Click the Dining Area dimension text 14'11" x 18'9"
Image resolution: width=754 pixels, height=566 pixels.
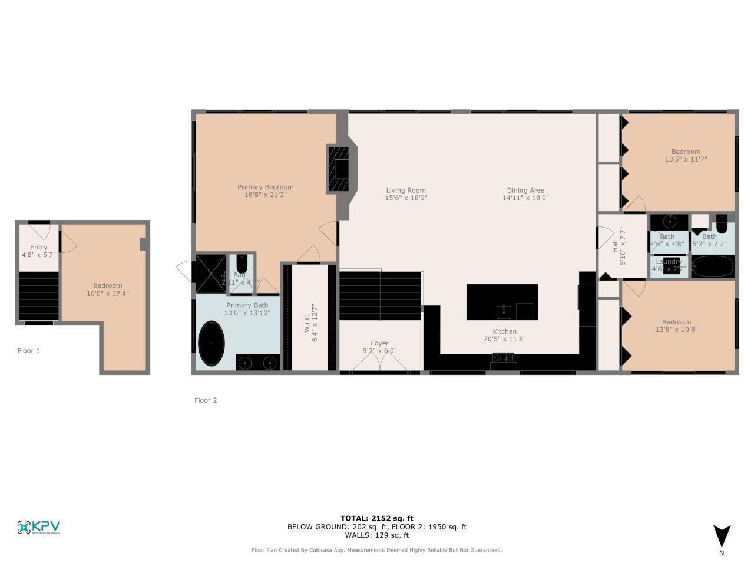[x=525, y=198]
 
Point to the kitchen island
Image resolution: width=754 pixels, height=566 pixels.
[x=502, y=302]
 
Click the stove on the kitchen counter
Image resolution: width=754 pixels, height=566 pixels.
[x=503, y=357]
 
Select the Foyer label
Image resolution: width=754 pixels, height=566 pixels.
[x=379, y=343]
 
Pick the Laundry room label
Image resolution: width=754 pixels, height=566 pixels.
[x=668, y=261]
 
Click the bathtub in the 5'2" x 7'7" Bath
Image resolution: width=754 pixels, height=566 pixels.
[x=713, y=266]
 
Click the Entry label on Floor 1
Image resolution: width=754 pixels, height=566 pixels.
[x=38, y=247]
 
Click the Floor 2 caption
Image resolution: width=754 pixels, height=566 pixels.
[x=206, y=400]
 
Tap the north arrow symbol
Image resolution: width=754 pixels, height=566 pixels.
[x=722, y=537]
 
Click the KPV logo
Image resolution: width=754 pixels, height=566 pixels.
[x=39, y=527]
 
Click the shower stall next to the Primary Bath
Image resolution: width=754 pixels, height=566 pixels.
[x=211, y=274]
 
